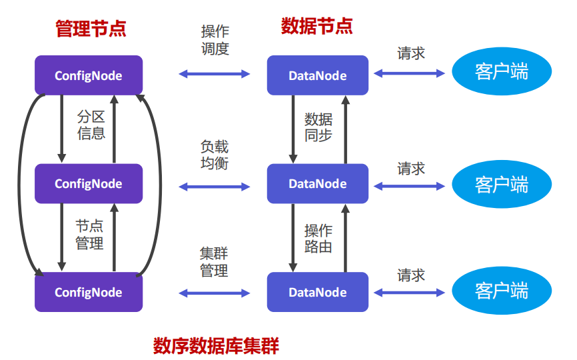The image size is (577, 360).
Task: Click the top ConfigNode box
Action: coord(89,75)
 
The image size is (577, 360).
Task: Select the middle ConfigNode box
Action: coord(89,183)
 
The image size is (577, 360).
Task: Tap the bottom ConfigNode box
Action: coord(89,292)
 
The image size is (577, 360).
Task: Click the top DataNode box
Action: coord(318,75)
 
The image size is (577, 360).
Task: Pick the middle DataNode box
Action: coord(318,183)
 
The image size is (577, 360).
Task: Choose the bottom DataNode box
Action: coord(318,292)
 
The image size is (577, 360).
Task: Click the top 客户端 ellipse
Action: coord(502,72)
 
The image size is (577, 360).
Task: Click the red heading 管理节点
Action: coord(91,29)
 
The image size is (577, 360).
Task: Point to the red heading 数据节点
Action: coord(316,26)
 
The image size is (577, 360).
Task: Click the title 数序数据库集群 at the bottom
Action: coord(216,345)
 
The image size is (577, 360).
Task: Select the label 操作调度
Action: coord(215,40)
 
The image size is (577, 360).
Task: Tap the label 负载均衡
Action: coord(215,154)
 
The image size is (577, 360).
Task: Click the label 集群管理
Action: coord(215,262)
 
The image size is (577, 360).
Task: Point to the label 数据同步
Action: coord(318,127)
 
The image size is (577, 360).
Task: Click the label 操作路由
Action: coord(318,239)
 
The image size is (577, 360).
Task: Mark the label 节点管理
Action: coord(90,235)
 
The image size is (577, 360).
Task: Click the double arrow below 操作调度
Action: coord(215,74)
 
